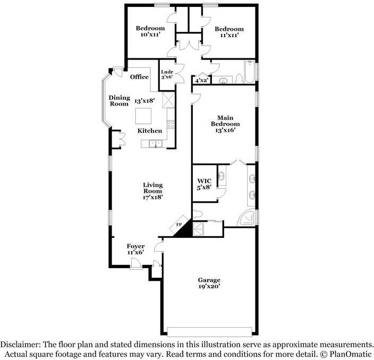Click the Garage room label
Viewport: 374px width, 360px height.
tap(209, 280)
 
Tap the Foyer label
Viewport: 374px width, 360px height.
tap(135, 246)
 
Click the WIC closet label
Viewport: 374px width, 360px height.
tap(205, 181)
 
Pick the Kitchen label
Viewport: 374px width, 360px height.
tap(150, 131)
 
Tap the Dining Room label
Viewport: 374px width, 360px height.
tap(119, 100)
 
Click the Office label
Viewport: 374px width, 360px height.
tap(139, 77)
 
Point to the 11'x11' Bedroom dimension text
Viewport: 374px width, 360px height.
tap(229, 36)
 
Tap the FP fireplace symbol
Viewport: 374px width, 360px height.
tap(180, 225)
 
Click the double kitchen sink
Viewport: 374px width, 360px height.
tap(155, 143)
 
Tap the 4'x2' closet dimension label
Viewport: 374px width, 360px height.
tap(201, 81)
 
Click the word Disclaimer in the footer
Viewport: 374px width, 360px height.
tap(20, 344)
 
